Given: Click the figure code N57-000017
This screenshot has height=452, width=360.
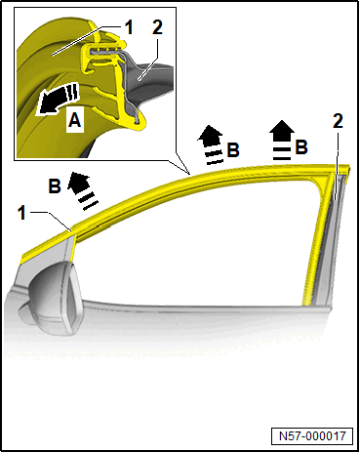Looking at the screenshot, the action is point(312,435).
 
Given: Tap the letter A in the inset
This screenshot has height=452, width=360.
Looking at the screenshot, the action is point(75,120).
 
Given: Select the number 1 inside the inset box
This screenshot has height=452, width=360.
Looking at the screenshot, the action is point(129,27).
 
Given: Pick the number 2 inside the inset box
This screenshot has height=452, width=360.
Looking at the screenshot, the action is point(157,27).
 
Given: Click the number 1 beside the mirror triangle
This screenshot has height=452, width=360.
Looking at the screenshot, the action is point(21,213).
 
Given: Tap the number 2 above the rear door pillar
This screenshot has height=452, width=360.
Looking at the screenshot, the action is point(338,121).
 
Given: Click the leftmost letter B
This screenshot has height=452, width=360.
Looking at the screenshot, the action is point(55,186).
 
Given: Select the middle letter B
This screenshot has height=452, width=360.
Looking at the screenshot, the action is point(233,150).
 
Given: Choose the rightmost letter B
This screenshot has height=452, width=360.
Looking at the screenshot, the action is point(301,146).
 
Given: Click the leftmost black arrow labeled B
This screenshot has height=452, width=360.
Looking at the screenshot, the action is point(82,189).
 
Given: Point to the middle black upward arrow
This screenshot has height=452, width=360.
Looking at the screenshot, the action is point(211,144).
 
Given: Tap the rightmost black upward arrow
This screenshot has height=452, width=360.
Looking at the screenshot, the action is point(282,140).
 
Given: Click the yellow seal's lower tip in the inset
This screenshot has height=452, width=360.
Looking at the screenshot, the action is point(140,124).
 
